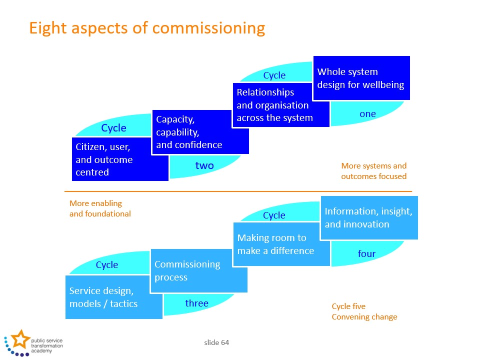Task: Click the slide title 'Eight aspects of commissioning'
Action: coord(147,28)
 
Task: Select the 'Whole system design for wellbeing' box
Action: coord(361,78)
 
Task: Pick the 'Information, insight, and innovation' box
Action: coord(369,217)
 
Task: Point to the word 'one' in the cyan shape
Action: coord(367,114)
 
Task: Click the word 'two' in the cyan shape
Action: coord(204,165)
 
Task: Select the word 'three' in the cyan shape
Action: coord(197,303)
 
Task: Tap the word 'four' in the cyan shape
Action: coord(366,253)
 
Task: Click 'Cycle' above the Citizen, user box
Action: coord(113,128)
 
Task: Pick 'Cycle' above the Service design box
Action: coord(107,265)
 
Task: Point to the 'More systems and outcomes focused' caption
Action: coord(374,171)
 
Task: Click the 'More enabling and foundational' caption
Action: coord(100,208)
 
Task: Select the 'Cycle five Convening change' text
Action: coord(364,311)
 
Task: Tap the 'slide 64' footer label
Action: coord(216,342)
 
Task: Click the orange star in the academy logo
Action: coord(20,339)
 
